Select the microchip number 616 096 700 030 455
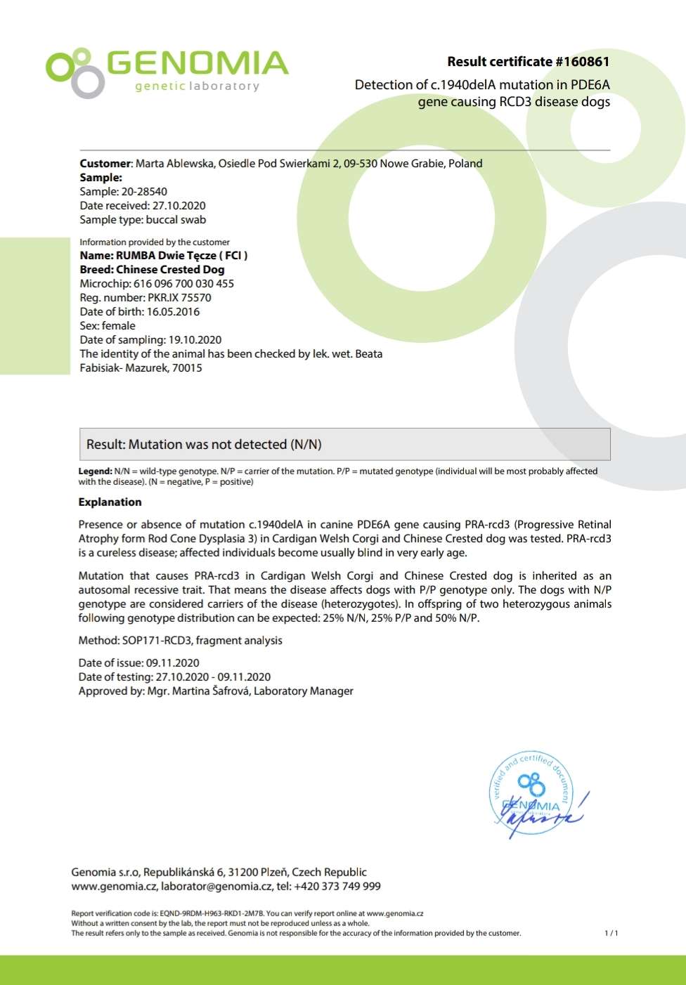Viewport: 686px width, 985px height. pyautogui.click(x=183, y=284)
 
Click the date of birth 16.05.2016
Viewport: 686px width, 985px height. pyautogui.click(x=173, y=312)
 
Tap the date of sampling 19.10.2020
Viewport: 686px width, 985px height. pyautogui.click(x=195, y=340)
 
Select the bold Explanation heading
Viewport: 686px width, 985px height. pyautogui.click(x=110, y=502)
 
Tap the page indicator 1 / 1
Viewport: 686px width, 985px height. pyautogui.click(x=611, y=934)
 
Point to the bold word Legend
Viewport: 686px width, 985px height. pyautogui.click(x=94, y=471)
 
